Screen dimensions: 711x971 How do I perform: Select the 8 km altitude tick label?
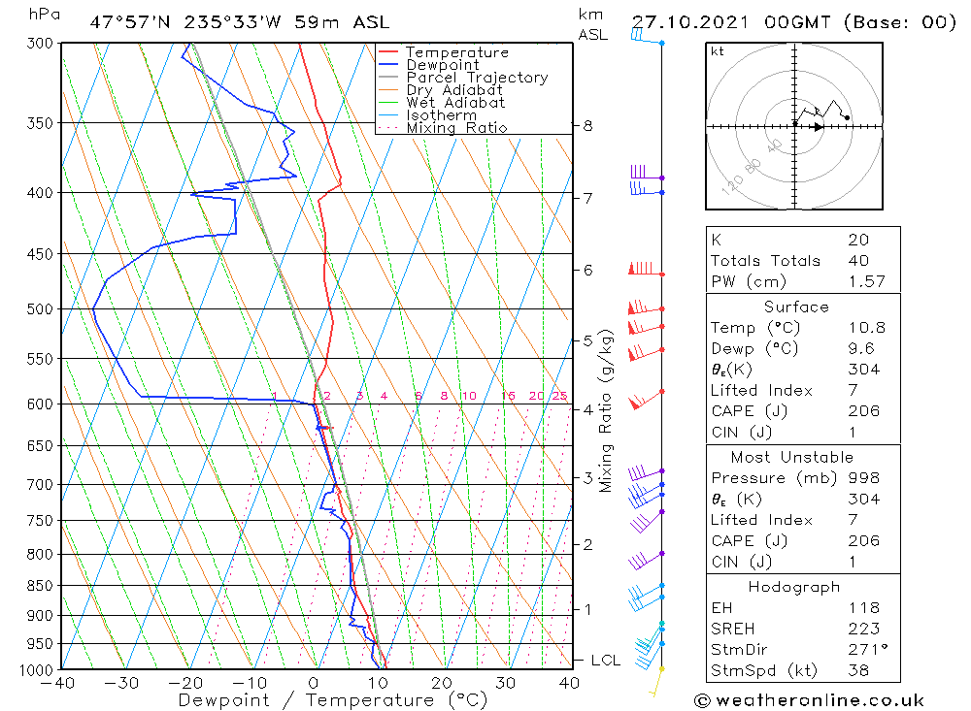pyautogui.click(x=588, y=126)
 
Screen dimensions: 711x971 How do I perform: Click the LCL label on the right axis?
pyautogui.click(x=605, y=661)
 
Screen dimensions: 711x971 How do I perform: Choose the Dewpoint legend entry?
pyautogui.click(x=443, y=65)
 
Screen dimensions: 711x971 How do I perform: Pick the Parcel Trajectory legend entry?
pyautogui.click(x=477, y=78)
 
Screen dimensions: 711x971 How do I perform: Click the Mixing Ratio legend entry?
pyautogui.click(x=456, y=128)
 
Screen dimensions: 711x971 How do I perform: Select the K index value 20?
pyautogui.click(x=858, y=240)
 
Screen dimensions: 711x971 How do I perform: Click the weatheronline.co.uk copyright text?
pyautogui.click(x=809, y=700)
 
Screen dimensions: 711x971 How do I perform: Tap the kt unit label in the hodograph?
pyautogui.click(x=718, y=51)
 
